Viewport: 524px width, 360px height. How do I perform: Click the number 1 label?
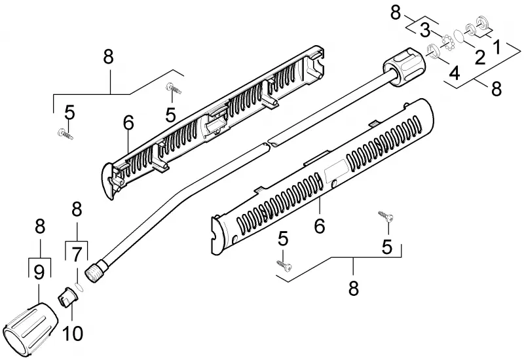(x=497, y=46)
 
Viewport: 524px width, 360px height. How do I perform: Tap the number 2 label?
(x=480, y=57)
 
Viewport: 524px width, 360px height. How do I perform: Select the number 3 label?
(x=424, y=30)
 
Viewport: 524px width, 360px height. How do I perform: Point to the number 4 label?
(x=454, y=73)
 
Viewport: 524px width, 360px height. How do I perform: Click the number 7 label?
(x=77, y=255)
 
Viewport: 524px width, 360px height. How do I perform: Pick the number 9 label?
(x=39, y=273)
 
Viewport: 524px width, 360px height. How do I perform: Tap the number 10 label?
(x=73, y=333)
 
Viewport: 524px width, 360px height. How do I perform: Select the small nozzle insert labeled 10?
(x=69, y=297)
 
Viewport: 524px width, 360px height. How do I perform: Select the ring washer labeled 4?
(x=433, y=51)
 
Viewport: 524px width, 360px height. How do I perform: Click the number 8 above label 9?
(x=40, y=226)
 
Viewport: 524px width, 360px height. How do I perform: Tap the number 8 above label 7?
(x=77, y=209)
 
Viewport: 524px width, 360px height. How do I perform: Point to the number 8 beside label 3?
(x=396, y=12)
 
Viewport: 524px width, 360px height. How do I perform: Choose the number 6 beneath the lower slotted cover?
(x=320, y=226)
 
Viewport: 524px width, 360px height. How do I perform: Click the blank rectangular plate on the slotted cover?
(x=336, y=170)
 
